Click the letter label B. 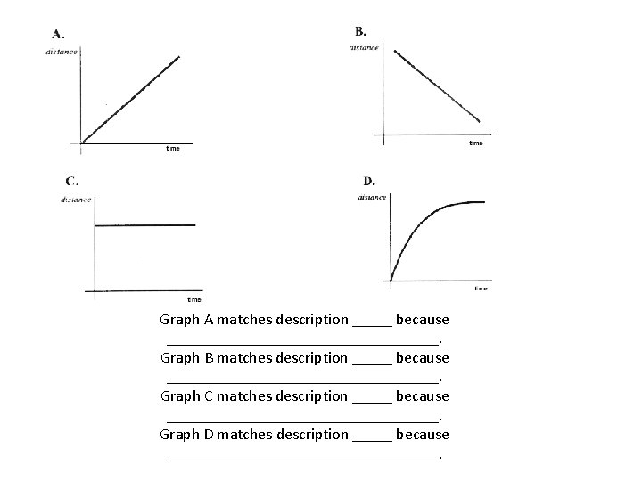[x=359, y=31]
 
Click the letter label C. [x=70, y=181]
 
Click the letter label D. [x=368, y=181]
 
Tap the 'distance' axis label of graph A [x=62, y=51]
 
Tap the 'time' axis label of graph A [x=173, y=149]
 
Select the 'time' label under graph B [x=475, y=143]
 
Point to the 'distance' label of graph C [x=76, y=200]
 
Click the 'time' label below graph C [x=193, y=299]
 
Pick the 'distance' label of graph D [x=372, y=197]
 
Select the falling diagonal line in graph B [x=437, y=86]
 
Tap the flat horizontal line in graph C [x=144, y=224]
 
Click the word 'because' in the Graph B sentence [x=422, y=357]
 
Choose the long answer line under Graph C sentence [x=303, y=419]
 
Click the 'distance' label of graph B [x=364, y=47]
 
